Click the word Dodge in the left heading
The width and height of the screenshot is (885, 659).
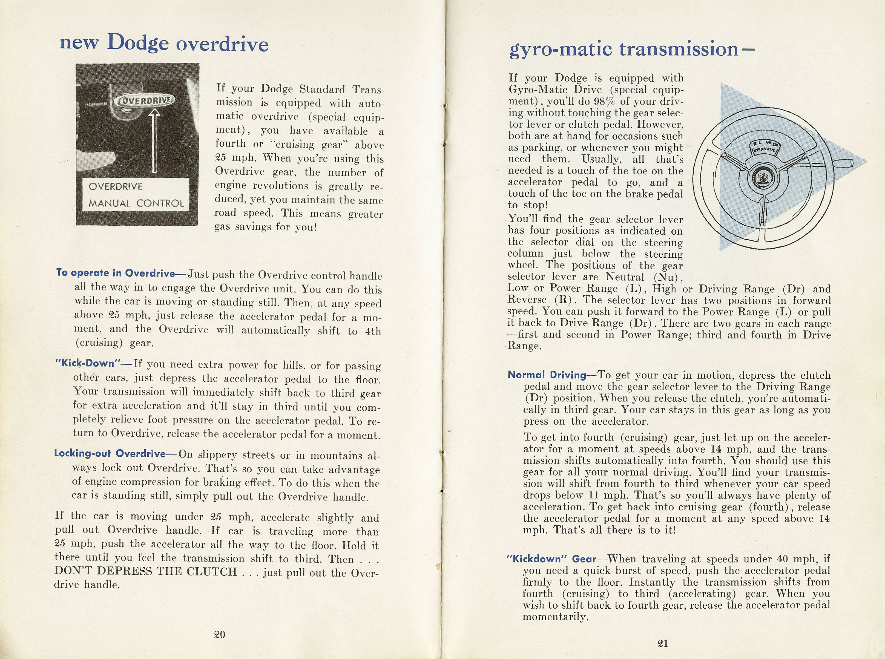click(x=138, y=43)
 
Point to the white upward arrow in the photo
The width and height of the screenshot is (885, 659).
click(x=154, y=142)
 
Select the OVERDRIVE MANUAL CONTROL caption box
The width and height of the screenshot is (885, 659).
click(x=136, y=195)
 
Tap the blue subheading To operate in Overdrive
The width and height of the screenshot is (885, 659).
click(x=116, y=273)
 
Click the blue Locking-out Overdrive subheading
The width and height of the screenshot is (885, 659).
click(x=110, y=454)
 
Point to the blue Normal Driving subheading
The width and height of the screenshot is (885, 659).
click(x=546, y=375)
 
